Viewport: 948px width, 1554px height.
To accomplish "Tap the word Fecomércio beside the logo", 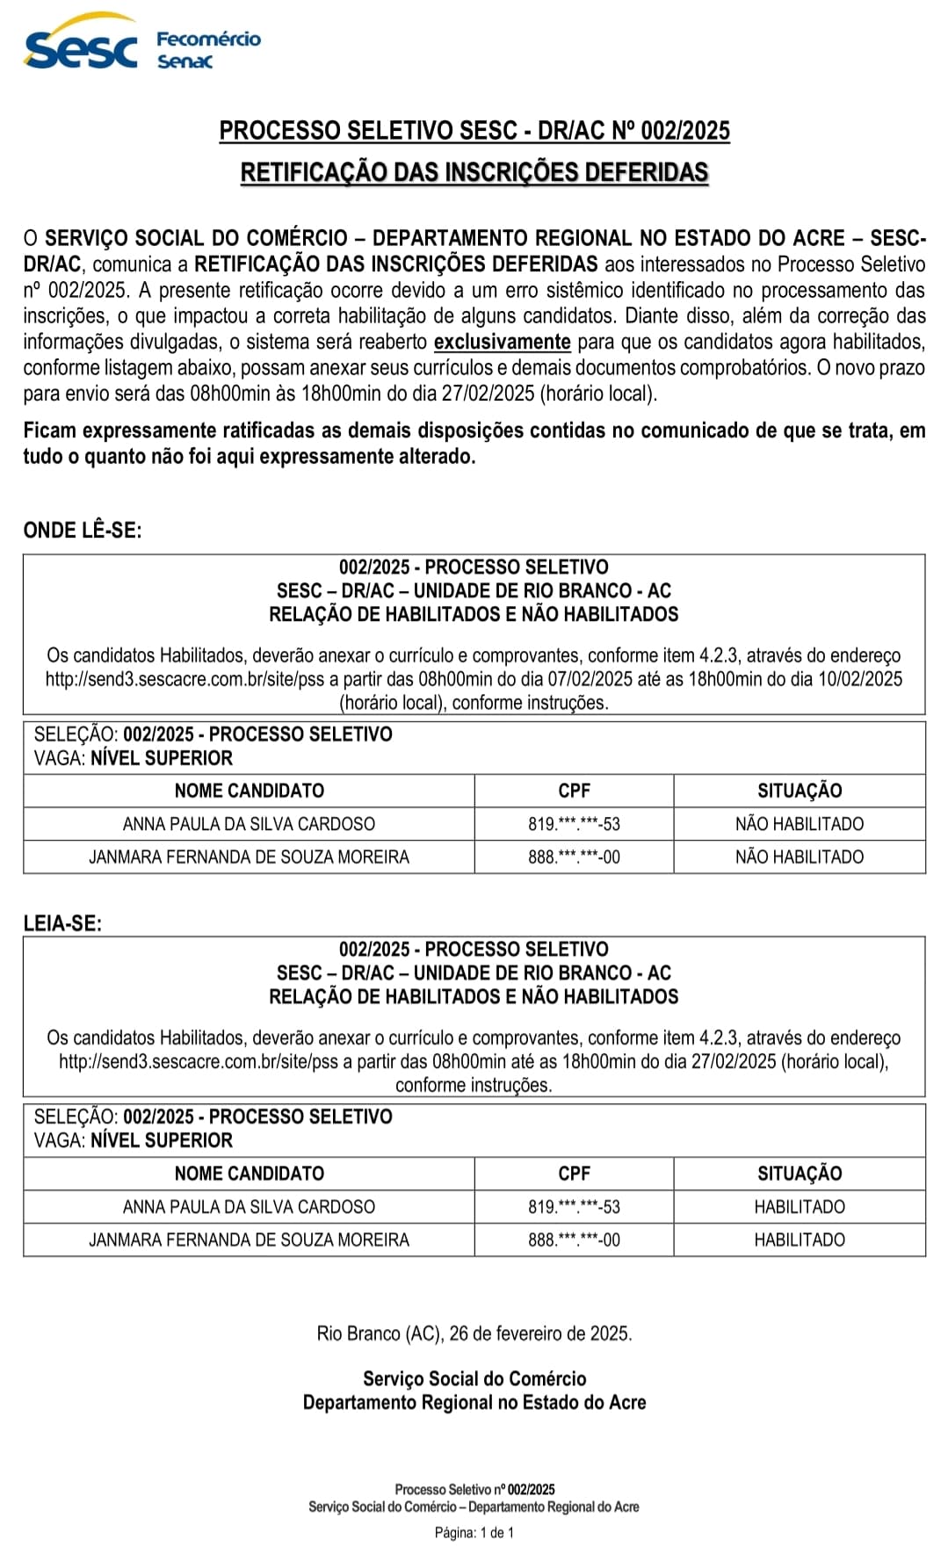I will coord(208,39).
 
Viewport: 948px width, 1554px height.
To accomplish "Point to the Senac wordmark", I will coord(185,61).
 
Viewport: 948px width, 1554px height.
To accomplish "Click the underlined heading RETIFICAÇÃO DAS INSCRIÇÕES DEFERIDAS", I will coord(474,172).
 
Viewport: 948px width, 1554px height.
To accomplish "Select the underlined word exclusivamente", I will coord(503,342).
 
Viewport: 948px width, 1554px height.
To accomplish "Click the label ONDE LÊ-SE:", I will coord(83,530).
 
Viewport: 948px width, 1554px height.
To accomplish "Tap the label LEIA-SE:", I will coord(62,923).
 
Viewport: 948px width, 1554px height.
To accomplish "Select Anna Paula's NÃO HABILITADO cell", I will coord(800,824).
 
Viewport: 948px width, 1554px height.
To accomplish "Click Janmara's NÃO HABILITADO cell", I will coord(800,857).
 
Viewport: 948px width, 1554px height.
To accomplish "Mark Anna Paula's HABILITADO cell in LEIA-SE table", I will coord(800,1207).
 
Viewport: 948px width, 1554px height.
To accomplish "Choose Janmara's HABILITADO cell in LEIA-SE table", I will coord(800,1240).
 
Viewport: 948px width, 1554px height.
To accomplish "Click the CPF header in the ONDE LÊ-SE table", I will coord(574,791).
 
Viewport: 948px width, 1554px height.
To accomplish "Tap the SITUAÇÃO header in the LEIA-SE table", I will coord(800,1174).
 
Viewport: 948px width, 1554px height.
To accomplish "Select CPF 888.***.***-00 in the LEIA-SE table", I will coord(574,1240).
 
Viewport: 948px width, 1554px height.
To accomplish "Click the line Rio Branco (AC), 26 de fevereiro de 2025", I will coord(474,1334).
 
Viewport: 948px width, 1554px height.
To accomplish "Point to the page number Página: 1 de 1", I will coord(474,1533).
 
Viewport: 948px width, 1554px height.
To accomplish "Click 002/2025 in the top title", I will coord(685,131).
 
